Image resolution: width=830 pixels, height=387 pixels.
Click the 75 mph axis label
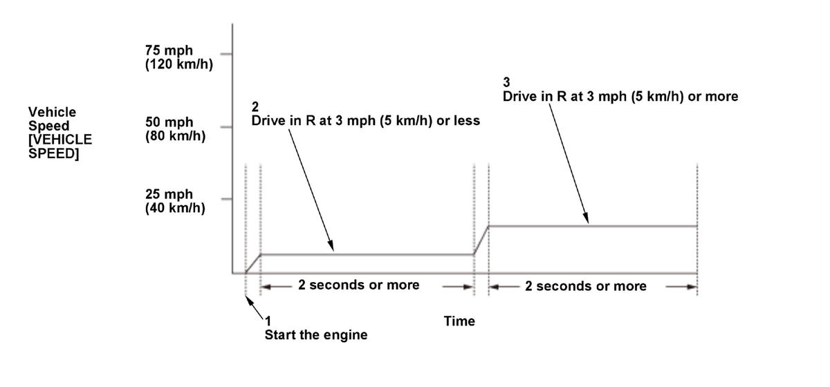[169, 51]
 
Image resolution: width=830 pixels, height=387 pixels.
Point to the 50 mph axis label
[169, 122]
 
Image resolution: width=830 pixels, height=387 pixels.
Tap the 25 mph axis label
[169, 194]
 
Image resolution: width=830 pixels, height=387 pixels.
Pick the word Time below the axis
[459, 321]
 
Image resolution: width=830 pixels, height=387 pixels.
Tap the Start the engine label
[315, 336]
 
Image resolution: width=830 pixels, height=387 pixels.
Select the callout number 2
[255, 108]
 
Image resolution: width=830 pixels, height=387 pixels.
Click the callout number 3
[506, 83]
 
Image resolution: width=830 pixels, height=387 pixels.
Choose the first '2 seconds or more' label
[358, 285]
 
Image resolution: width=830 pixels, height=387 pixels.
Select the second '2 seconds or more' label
[586, 286]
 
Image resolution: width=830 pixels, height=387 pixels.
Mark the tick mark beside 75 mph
[225, 53]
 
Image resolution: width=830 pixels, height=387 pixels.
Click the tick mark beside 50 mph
[225, 127]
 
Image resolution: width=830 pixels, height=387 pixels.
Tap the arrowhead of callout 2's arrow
[332, 248]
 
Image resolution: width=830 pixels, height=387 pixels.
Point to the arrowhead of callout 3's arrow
[587, 220]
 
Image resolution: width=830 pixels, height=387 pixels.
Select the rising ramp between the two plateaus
[481, 240]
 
